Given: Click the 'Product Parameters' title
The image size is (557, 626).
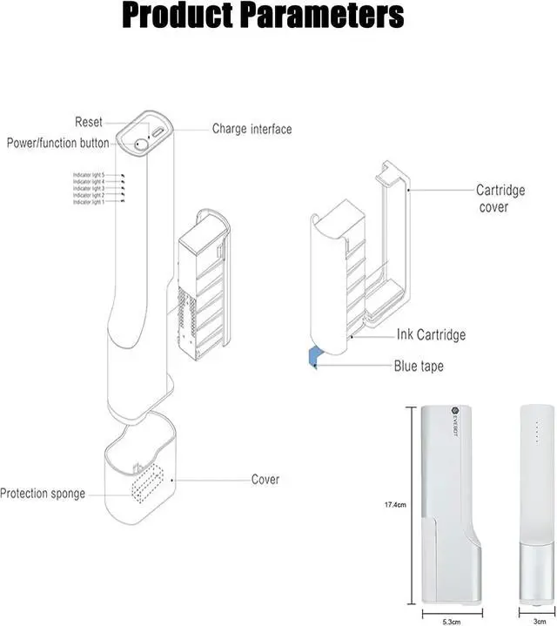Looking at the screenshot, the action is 262,17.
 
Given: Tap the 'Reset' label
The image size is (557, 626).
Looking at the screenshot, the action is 90,123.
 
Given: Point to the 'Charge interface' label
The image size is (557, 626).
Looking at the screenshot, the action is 252,129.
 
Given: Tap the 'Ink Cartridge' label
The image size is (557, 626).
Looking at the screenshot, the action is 431,334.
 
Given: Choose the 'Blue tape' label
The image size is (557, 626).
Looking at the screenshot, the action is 419,366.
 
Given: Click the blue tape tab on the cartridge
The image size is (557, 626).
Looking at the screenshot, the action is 311,356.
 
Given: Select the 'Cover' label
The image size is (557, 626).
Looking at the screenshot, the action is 265,479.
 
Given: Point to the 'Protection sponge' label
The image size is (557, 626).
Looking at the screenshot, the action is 43,494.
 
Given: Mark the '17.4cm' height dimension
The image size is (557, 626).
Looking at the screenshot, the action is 396,504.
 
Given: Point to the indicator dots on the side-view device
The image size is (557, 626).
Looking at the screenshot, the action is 537,432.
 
